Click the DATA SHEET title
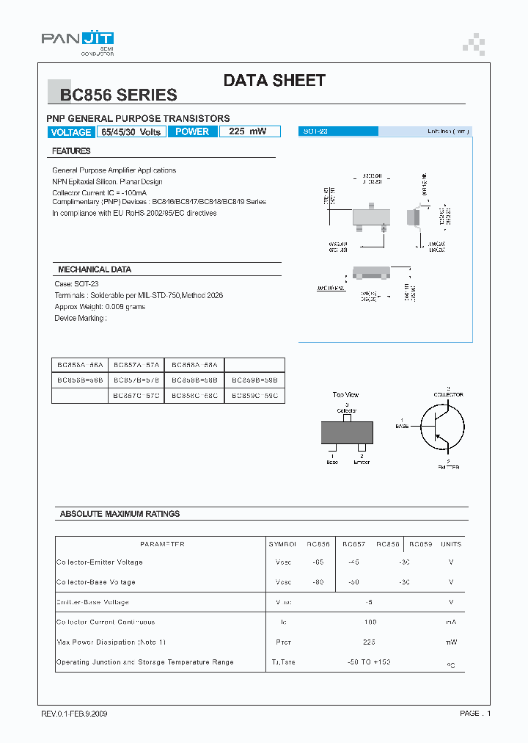[x=274, y=81]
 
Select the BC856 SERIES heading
[x=118, y=95]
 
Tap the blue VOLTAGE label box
[x=70, y=132]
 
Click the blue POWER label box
[x=192, y=132]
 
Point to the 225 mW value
[x=247, y=132]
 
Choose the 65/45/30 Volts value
[x=131, y=132]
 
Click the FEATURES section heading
[x=71, y=151]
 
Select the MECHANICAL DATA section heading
[x=95, y=269]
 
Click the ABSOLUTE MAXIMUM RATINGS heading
[x=120, y=514]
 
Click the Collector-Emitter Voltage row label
[x=100, y=562]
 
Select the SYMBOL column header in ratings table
[x=282, y=544]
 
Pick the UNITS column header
[x=451, y=544]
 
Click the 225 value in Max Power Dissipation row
[x=369, y=642]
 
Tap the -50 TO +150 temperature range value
[x=369, y=662]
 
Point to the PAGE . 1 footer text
[x=475, y=714]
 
